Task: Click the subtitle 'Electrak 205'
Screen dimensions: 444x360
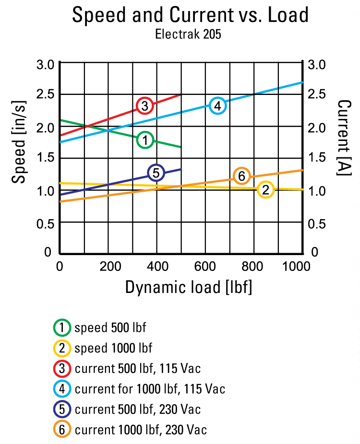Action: coord(188,35)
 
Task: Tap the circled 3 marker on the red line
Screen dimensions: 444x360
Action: coord(144,105)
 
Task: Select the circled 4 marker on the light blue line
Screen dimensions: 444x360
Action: coord(218,105)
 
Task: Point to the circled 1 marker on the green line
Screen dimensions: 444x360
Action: coord(145,140)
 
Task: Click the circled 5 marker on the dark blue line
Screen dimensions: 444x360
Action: coord(156,173)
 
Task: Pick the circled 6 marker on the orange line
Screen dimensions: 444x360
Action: coord(241,176)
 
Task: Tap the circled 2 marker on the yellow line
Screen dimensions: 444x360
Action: coord(265,190)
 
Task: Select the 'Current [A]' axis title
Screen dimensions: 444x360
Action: coord(343,138)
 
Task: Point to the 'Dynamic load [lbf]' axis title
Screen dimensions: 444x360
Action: coord(188,287)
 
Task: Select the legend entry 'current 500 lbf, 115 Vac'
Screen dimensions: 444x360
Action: coord(137,368)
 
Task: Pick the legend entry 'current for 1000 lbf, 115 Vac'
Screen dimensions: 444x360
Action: coord(150,388)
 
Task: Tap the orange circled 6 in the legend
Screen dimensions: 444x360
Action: coord(62,429)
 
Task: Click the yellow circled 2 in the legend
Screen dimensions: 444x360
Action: coord(62,348)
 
